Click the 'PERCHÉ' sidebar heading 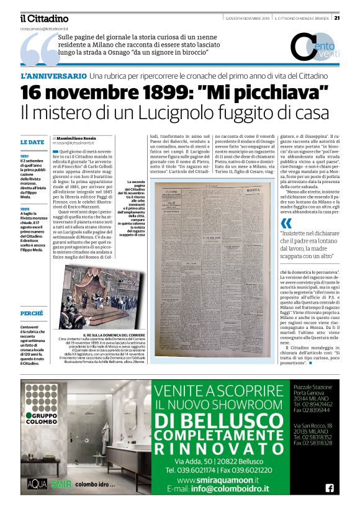click(x=32, y=313)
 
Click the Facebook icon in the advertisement click(x=329, y=488)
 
